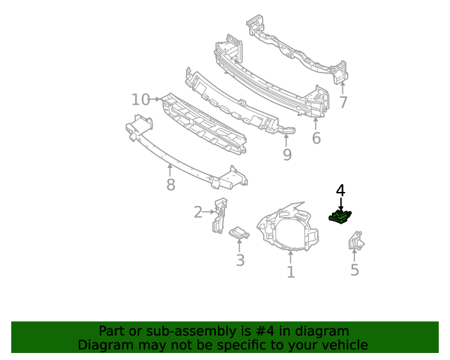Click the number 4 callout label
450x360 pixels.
(x=340, y=190)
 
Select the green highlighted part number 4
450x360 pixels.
(x=340, y=217)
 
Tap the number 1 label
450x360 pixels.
(x=290, y=271)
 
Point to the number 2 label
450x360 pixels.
(x=198, y=212)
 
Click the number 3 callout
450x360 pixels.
(x=240, y=261)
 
